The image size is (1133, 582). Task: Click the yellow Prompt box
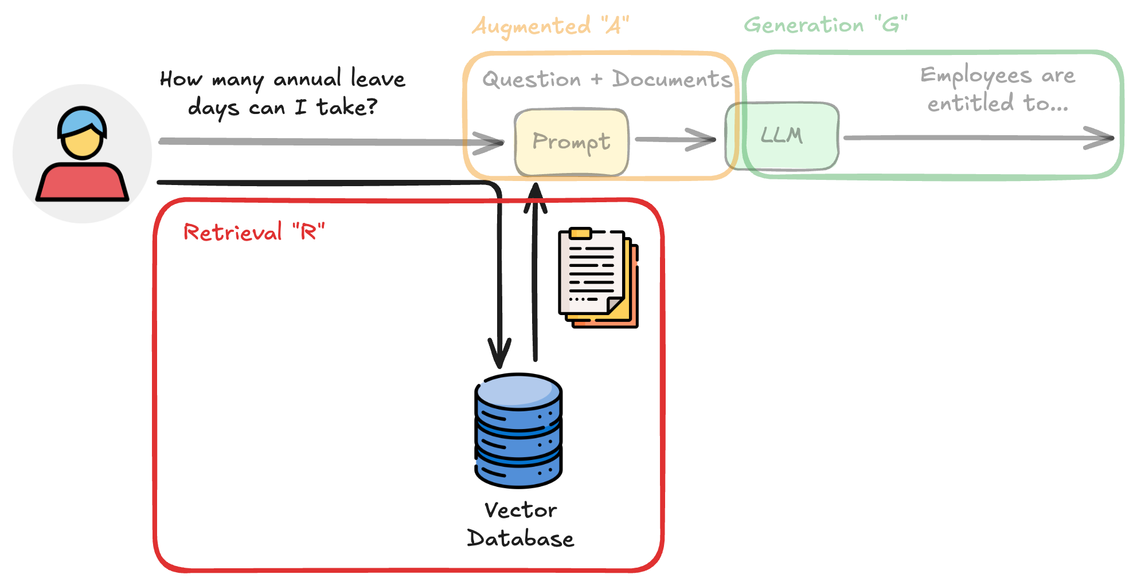point(572,143)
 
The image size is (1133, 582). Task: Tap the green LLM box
point(783,136)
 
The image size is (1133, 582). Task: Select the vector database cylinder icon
point(518,430)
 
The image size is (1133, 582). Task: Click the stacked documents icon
point(598,278)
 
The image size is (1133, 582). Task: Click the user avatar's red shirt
point(82,182)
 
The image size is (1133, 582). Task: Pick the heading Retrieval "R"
point(253,232)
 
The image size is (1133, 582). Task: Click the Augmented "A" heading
point(550,26)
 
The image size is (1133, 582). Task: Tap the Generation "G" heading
point(825,25)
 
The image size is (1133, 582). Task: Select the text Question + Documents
point(607,79)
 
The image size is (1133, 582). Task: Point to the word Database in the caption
point(521,538)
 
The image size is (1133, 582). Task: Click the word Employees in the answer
point(975,76)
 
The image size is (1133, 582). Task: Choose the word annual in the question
point(307,79)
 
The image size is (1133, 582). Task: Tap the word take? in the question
point(346,107)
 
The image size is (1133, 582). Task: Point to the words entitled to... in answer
point(998,104)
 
